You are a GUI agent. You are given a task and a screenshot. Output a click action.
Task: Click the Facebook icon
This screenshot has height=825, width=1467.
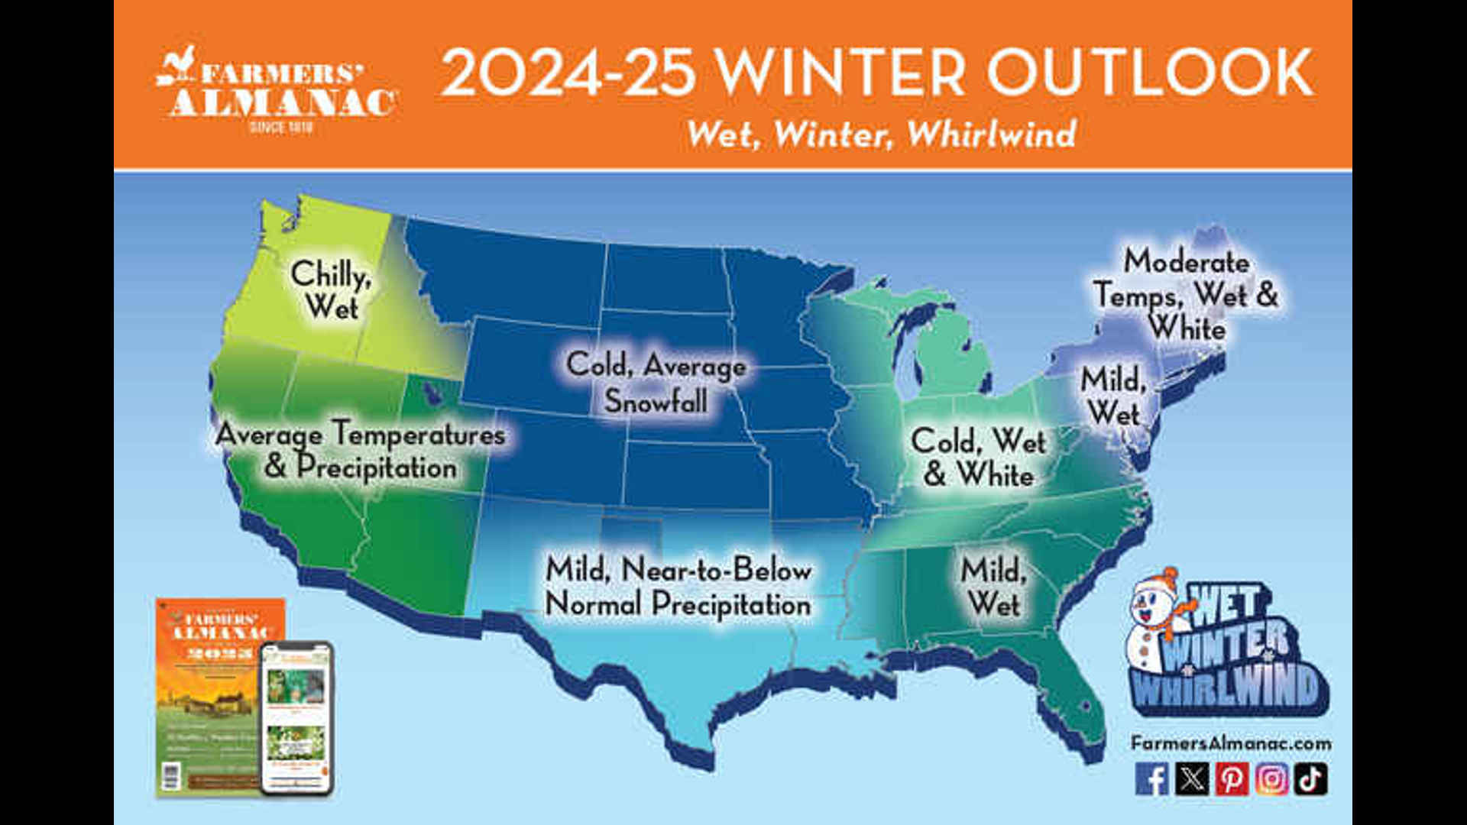(x=1151, y=779)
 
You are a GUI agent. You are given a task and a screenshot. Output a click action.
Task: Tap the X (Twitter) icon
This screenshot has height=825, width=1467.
(x=1192, y=779)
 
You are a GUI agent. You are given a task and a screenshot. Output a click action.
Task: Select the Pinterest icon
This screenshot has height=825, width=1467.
(x=1232, y=779)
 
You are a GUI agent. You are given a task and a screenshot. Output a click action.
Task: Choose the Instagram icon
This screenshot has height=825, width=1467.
(x=1271, y=779)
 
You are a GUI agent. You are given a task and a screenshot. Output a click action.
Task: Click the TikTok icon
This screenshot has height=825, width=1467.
(x=1311, y=779)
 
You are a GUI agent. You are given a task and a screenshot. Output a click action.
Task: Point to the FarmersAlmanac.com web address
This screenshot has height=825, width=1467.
(x=1230, y=742)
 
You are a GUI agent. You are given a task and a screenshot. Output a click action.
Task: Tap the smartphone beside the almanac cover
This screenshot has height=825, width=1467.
(x=297, y=718)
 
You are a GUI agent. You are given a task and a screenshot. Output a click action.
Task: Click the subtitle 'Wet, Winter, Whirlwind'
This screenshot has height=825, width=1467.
(x=881, y=134)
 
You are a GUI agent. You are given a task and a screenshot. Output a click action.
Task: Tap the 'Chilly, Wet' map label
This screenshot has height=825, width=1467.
(x=332, y=290)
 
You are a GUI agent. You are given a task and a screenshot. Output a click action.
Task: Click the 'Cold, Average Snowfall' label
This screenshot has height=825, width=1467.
(x=656, y=382)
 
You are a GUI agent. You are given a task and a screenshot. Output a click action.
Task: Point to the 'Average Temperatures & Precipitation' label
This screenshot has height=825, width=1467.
(x=361, y=451)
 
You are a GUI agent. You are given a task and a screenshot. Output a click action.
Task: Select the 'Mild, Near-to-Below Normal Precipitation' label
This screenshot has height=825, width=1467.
(x=678, y=587)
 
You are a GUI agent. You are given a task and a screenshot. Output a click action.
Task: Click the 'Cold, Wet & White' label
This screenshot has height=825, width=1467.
(x=979, y=457)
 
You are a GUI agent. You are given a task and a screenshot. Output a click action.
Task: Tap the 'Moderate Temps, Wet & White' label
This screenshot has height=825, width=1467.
(x=1186, y=295)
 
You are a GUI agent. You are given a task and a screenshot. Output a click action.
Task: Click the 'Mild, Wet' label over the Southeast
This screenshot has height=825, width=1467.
(x=993, y=587)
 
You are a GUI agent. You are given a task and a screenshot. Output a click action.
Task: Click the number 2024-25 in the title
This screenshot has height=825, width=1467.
(x=568, y=73)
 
